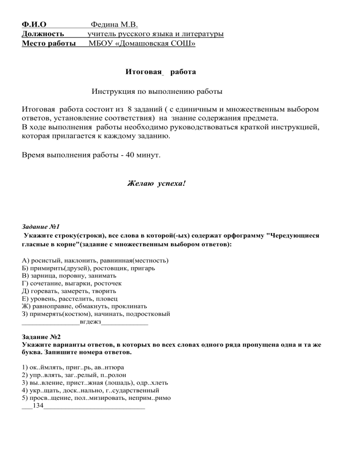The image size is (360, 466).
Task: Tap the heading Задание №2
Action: (x=41, y=337)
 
